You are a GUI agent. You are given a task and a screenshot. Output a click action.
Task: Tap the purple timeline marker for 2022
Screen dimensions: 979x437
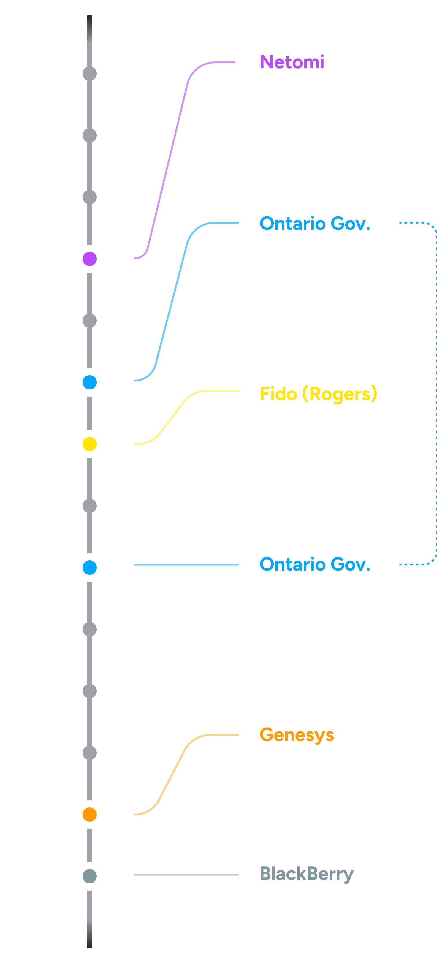coord(90,259)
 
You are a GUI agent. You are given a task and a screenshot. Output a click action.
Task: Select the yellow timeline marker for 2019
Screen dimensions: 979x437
coord(90,444)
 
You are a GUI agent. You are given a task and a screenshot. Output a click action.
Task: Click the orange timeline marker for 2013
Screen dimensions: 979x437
coord(90,815)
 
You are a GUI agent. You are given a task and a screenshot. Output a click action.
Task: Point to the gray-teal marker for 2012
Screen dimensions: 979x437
coord(90,876)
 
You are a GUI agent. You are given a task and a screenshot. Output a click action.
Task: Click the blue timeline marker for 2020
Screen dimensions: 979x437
coord(90,382)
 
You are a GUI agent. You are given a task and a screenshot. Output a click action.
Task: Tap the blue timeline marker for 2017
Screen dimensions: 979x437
coord(90,567)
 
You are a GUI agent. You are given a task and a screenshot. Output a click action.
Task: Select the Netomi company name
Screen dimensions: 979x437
coord(292,62)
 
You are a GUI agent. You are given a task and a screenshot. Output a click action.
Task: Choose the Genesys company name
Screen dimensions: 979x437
coord(296,735)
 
